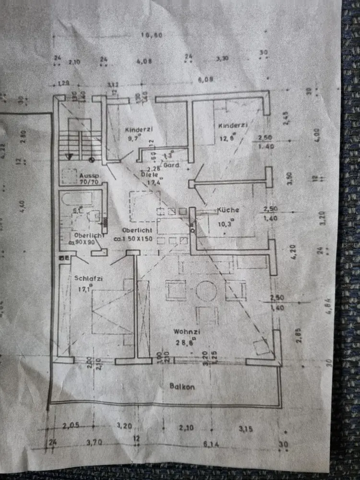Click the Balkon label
coord(182,386)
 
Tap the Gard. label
coord(171,165)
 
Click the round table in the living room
coord(206,291)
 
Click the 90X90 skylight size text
coord(85,242)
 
